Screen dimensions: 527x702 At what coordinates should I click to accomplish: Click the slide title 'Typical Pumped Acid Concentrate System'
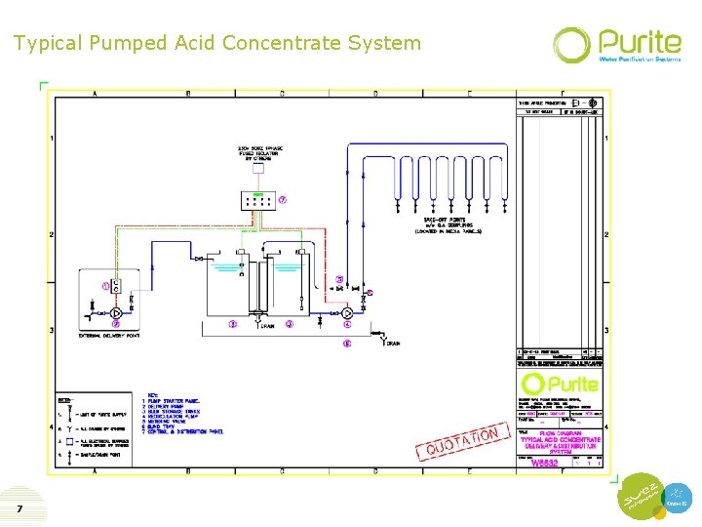pos(217,43)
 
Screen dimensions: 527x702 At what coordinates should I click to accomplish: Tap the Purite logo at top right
pos(616,45)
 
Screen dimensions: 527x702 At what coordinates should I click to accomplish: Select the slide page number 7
pos(19,509)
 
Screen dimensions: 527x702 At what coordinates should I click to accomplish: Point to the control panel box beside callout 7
pos(257,200)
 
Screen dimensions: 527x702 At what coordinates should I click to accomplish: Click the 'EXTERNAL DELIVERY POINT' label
pos(109,335)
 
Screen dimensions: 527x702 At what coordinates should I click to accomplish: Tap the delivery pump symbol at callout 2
pos(115,313)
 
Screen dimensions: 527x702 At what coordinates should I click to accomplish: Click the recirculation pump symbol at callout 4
pos(346,313)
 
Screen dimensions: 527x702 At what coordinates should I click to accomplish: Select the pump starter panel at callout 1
pos(115,287)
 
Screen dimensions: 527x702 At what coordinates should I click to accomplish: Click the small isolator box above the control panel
pos(257,168)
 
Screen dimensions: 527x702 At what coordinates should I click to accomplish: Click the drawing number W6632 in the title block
pos(543,464)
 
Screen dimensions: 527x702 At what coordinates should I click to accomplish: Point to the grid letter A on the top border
pos(95,95)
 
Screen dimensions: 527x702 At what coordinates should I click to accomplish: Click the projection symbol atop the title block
pos(580,102)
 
